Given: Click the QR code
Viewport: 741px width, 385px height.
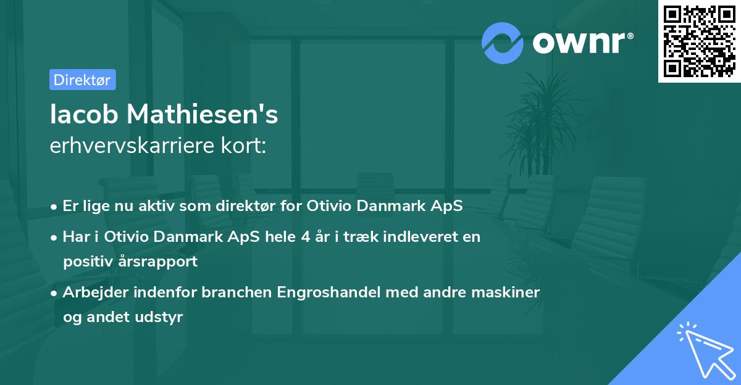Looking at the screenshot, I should (x=699, y=41).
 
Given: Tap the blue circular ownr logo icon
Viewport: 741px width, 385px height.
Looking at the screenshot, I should (x=503, y=43).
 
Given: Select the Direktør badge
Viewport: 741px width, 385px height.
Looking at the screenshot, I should (x=82, y=80).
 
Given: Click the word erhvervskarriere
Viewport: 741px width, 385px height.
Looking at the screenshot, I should (x=128, y=146).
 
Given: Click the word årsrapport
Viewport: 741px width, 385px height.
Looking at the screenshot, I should (x=163, y=261).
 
